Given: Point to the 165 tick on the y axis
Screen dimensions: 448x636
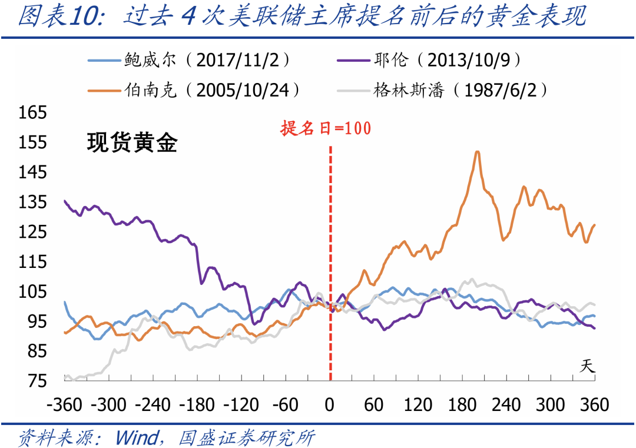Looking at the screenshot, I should coord(32,112).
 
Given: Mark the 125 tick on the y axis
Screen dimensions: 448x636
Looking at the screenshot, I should coord(32,232).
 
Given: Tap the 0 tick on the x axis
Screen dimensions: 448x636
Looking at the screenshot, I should coord(330,405).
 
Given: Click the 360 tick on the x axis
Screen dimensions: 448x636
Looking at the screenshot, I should coord(594,405).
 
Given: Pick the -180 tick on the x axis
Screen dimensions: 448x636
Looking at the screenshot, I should coord(197,405).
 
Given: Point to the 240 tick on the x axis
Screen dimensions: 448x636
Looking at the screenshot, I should coord(506,405).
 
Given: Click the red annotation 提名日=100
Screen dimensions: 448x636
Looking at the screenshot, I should coord(326,128).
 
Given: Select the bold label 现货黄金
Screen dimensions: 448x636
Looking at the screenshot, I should coord(132,143).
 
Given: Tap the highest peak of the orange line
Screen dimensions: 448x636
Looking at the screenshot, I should coord(477,152).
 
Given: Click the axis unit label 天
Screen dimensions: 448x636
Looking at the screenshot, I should coord(587,366).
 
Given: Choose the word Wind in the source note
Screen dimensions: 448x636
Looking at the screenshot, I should coord(136,437).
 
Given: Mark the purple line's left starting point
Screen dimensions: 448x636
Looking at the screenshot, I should coord(65,201).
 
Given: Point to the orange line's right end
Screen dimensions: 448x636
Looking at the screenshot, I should coord(594,225).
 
